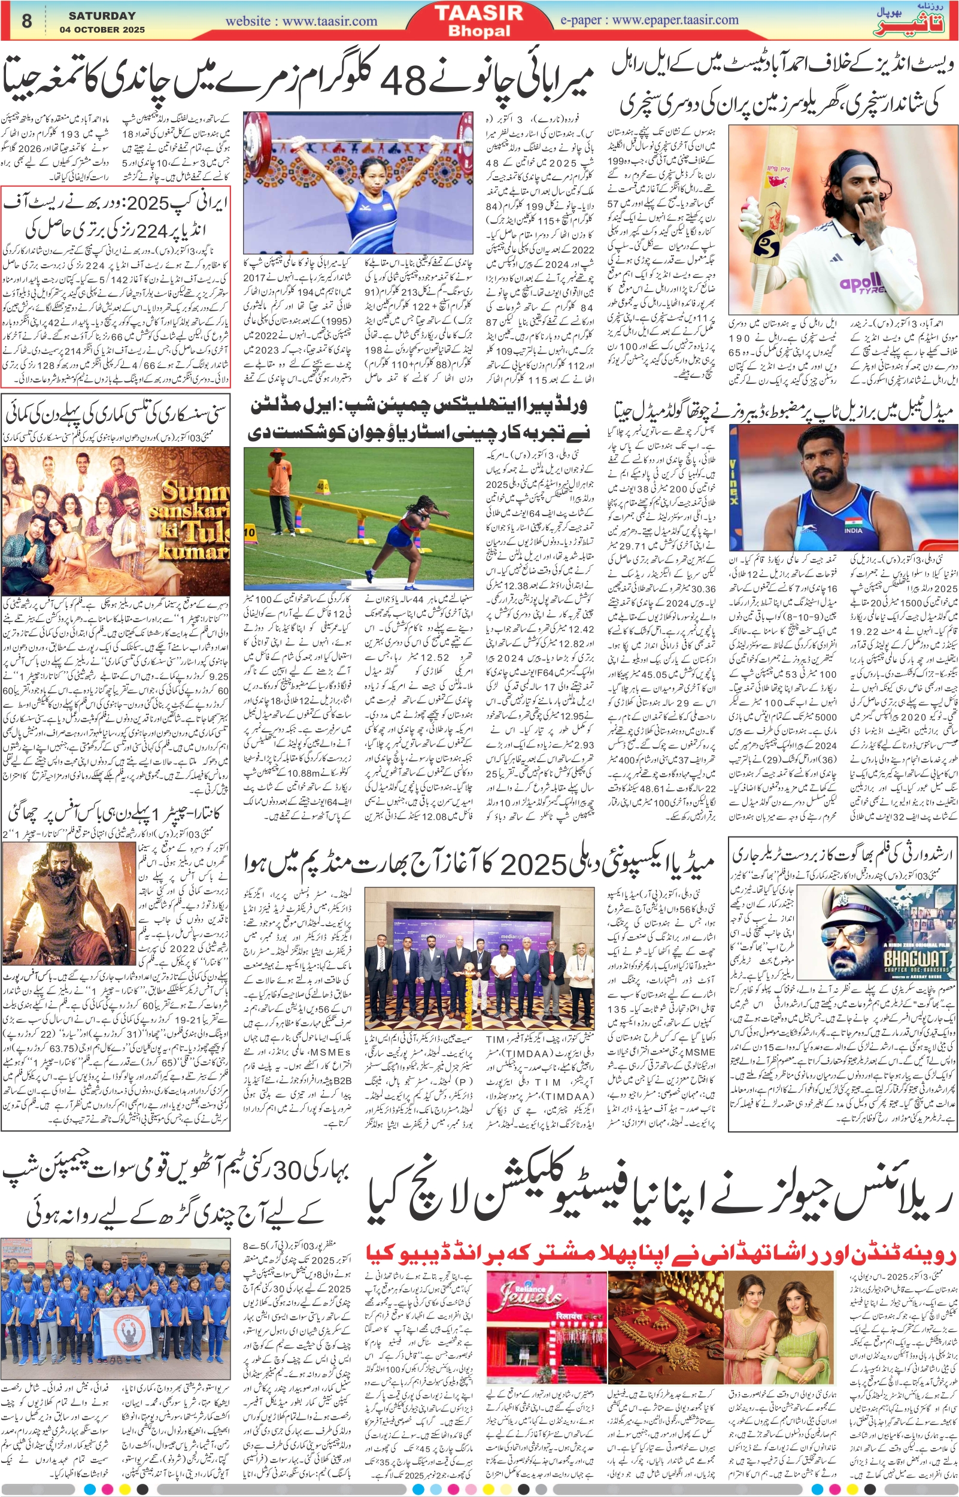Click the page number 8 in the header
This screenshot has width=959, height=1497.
click(26, 20)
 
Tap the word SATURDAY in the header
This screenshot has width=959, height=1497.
click(102, 16)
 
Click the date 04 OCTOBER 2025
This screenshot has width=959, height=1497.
click(102, 29)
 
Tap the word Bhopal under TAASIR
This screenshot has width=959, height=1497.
click(479, 31)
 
